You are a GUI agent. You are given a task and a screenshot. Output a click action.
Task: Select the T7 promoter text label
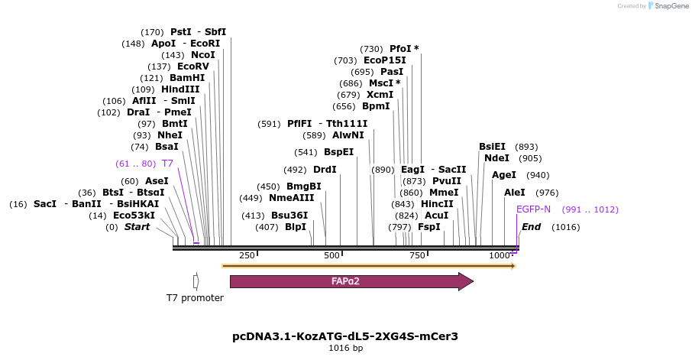tap(196, 297)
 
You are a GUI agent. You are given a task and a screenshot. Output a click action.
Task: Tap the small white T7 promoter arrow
tap(196, 281)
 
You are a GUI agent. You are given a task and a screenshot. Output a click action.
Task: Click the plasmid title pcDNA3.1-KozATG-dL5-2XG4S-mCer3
tap(345, 336)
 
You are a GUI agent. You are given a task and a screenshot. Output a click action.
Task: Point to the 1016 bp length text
tap(345, 349)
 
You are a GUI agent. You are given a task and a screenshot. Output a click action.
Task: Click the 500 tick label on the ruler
tap(331, 255)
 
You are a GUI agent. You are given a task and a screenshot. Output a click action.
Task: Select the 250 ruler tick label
tap(247, 255)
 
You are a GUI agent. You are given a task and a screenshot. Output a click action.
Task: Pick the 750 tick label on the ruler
tap(417, 255)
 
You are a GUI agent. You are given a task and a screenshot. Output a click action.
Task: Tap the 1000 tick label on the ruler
tap(500, 255)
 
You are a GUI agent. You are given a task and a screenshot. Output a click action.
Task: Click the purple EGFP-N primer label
tap(533, 209)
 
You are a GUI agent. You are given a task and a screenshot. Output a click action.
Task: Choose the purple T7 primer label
tap(167, 164)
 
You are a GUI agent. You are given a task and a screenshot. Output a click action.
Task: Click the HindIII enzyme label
tap(180, 89)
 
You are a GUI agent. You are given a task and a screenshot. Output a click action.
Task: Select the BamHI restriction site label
tap(187, 78)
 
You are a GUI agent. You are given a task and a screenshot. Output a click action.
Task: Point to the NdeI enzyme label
tap(496, 158)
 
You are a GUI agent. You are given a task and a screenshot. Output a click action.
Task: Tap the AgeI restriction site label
tap(504, 175)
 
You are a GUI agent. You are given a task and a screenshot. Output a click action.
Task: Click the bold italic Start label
tap(137, 227)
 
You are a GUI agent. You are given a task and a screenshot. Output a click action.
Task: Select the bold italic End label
tap(531, 227)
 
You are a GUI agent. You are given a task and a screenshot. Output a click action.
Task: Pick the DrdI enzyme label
tap(325, 170)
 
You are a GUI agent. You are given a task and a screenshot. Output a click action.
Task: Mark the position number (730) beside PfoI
tap(371, 49)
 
